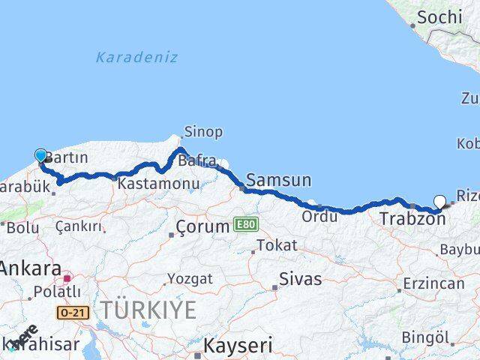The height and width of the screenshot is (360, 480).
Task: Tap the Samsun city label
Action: (x=278, y=180)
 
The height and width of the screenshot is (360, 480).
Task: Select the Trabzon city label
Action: (x=412, y=218)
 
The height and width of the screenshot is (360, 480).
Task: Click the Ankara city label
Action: (x=30, y=268)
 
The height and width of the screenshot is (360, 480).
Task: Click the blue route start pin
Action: (x=40, y=155)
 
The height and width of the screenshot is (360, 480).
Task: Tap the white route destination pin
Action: (x=440, y=200)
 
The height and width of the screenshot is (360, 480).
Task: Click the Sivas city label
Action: (x=300, y=279)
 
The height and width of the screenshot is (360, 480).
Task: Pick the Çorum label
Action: (x=202, y=226)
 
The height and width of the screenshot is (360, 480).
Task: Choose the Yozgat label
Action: (x=189, y=278)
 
